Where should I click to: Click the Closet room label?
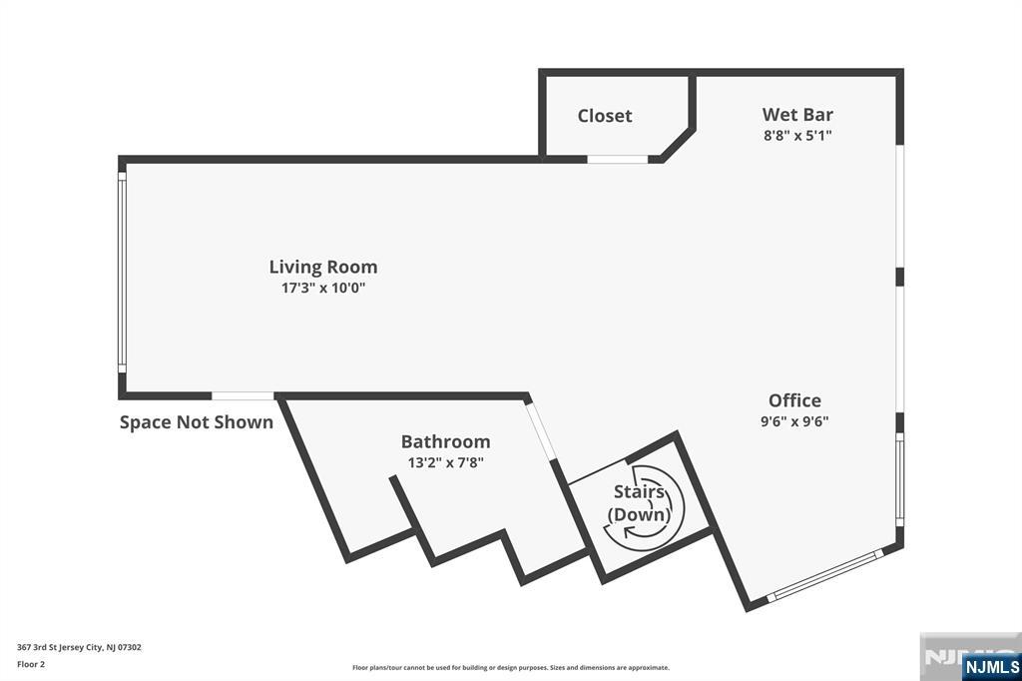pyautogui.click(x=604, y=116)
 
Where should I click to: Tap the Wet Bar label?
pyautogui.click(x=797, y=114)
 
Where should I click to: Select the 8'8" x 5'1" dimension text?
pyautogui.click(x=797, y=136)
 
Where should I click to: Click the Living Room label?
pyautogui.click(x=323, y=267)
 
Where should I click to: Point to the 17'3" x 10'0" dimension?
pyautogui.click(x=323, y=288)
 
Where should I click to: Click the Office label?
pyautogui.click(x=794, y=399)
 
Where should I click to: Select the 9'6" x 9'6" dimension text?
pyautogui.click(x=794, y=420)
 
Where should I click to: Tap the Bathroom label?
pyautogui.click(x=446, y=441)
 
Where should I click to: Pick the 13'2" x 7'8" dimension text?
pyautogui.click(x=446, y=462)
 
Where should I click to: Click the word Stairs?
pyautogui.click(x=639, y=491)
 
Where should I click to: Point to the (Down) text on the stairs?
pyautogui.click(x=639, y=514)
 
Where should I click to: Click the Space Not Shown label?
pyautogui.click(x=197, y=422)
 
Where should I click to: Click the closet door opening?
pyautogui.click(x=617, y=159)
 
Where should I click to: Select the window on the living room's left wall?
pyautogui.click(x=122, y=272)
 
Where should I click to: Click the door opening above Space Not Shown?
pyautogui.click(x=243, y=396)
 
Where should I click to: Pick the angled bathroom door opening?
pyautogui.click(x=542, y=431)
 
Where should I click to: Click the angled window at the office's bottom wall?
pyautogui.click(x=825, y=575)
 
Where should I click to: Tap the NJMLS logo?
pyautogui.click(x=991, y=666)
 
